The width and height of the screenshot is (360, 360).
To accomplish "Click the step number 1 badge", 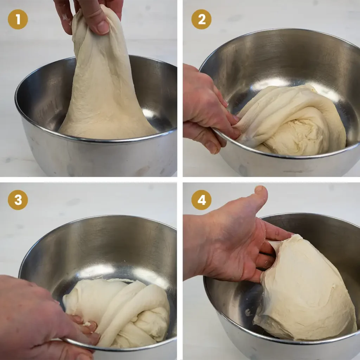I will pos(18,19).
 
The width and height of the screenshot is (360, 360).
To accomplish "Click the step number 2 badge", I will pos(201,19).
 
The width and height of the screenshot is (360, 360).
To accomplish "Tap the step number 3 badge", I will pos(18,200).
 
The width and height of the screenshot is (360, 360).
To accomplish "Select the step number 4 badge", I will pos(201,200).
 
